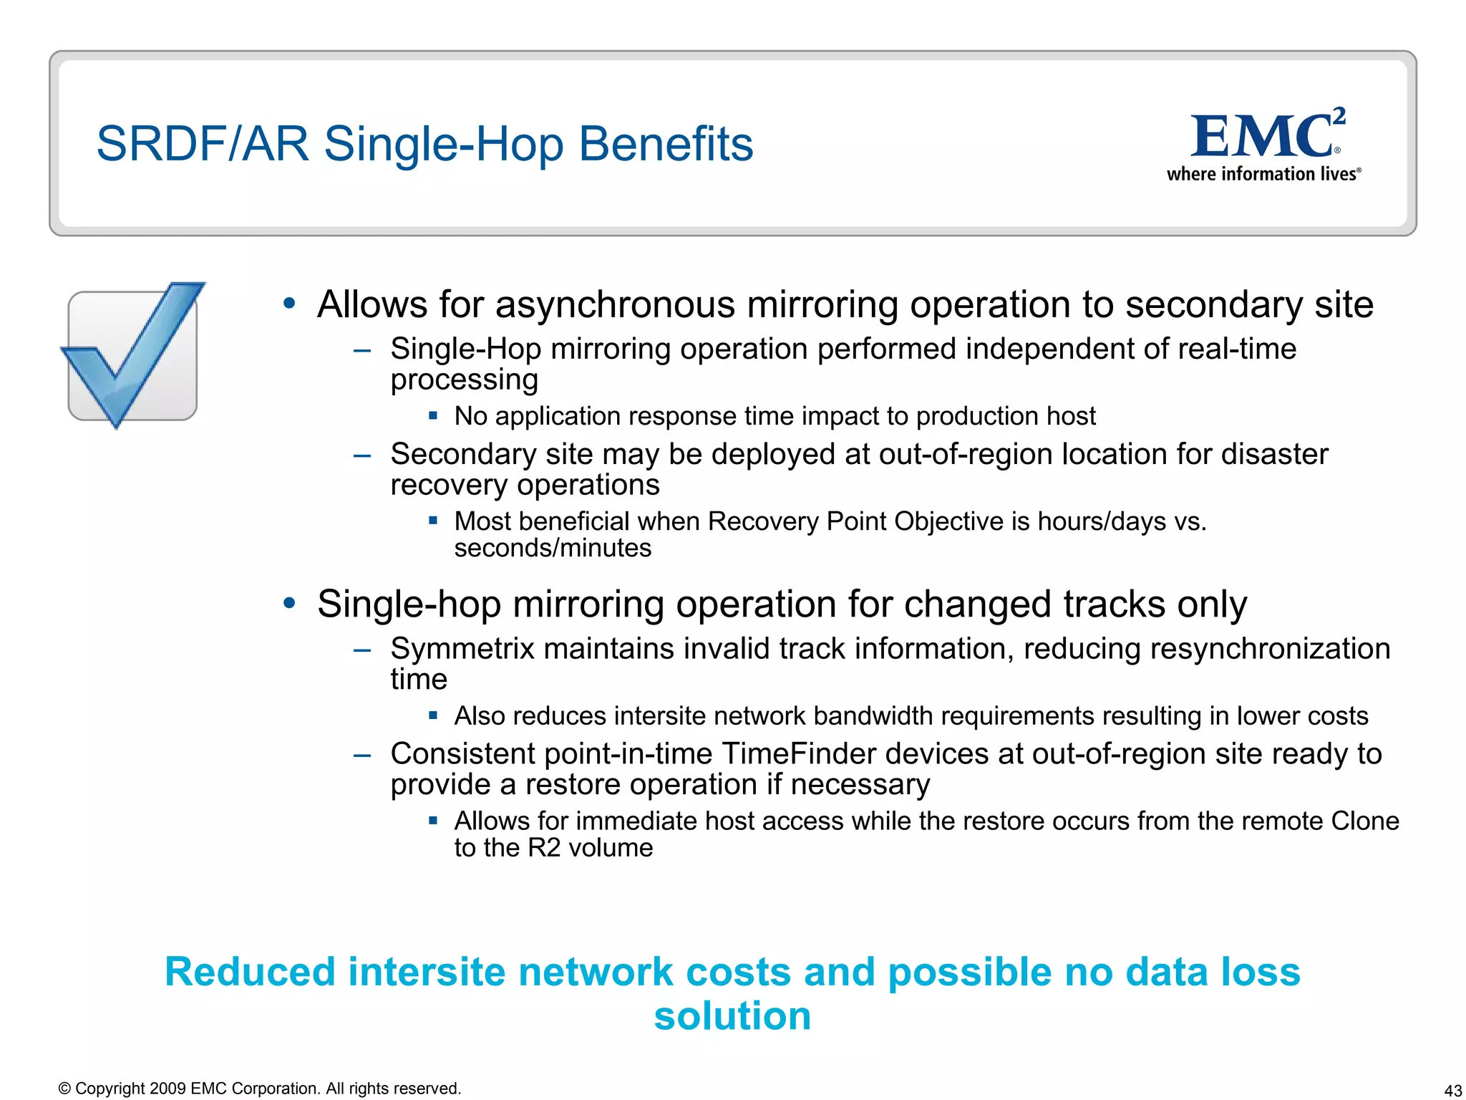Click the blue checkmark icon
[132, 354]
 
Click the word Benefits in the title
[665, 144]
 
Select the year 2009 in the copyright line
[168, 1089]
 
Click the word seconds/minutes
[553, 549]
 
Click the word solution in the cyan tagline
[732, 1016]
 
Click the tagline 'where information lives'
[1263, 174]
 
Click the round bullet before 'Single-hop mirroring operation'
[289, 603]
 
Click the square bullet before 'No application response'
[433, 415]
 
